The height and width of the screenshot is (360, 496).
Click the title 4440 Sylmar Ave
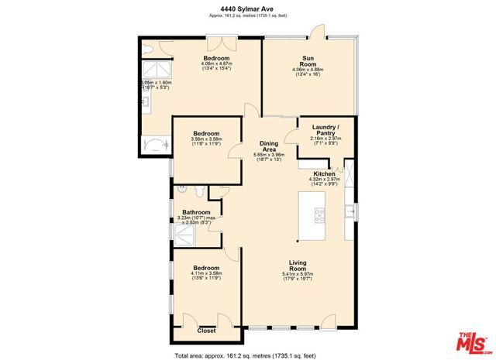pyautogui.click(x=247, y=9)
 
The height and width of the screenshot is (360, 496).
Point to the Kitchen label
pyautogui.click(x=324, y=173)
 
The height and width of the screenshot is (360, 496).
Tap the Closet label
pyautogui.click(x=206, y=331)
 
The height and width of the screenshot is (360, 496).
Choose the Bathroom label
pyautogui.click(x=196, y=212)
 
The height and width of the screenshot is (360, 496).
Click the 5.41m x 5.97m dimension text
pyautogui.click(x=298, y=274)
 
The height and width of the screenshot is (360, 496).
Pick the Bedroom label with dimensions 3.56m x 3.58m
pyautogui.click(x=206, y=134)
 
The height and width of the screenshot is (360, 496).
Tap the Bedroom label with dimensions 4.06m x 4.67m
pyautogui.click(x=216, y=59)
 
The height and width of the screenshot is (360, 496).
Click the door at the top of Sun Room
pyautogui.click(x=316, y=32)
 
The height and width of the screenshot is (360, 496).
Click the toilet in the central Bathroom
pyautogui.click(x=200, y=191)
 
